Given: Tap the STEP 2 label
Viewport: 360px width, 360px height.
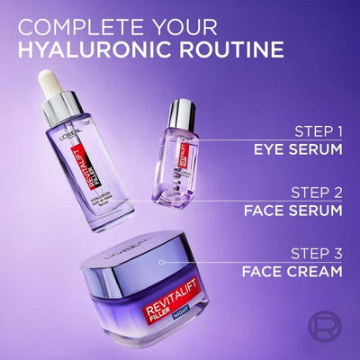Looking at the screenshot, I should click(x=317, y=193).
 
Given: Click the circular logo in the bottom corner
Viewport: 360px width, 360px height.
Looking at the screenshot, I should click(x=334, y=334).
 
